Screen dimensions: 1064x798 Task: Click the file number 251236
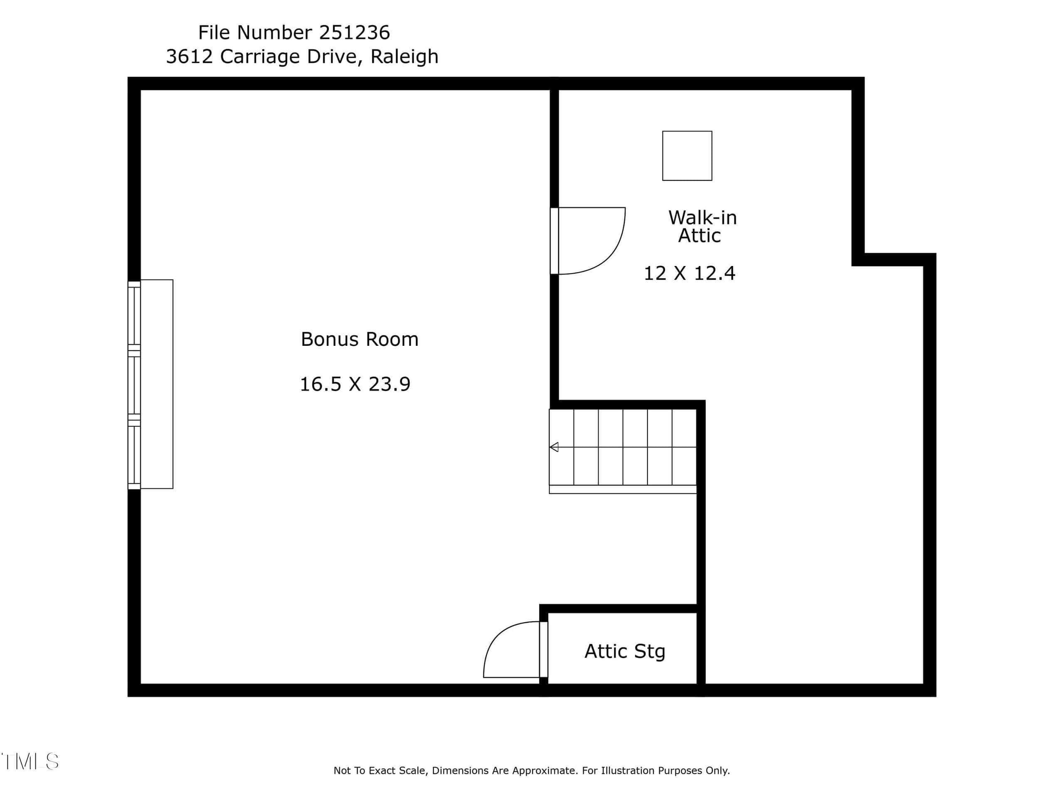[x=354, y=33]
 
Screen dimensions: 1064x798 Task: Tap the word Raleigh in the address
[x=404, y=57]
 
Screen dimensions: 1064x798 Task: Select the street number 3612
[x=189, y=57]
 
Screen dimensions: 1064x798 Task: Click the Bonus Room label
[x=360, y=340]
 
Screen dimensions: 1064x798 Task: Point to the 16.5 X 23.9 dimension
[x=355, y=384]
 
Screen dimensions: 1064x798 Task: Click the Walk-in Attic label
[x=702, y=227]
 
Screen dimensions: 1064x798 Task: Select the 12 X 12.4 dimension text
[x=689, y=273]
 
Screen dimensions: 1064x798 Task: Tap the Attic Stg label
[x=625, y=652]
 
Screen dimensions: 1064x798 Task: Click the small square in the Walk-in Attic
[x=687, y=156]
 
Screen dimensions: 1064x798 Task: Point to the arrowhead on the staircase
[x=554, y=447]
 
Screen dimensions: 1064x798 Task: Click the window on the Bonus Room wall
[x=134, y=385]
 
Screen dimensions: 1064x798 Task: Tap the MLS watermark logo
[x=30, y=761]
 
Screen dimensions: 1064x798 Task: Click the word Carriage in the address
[x=260, y=57]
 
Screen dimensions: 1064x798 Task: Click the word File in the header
[x=215, y=33]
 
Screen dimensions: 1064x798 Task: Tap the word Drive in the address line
[x=334, y=57]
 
